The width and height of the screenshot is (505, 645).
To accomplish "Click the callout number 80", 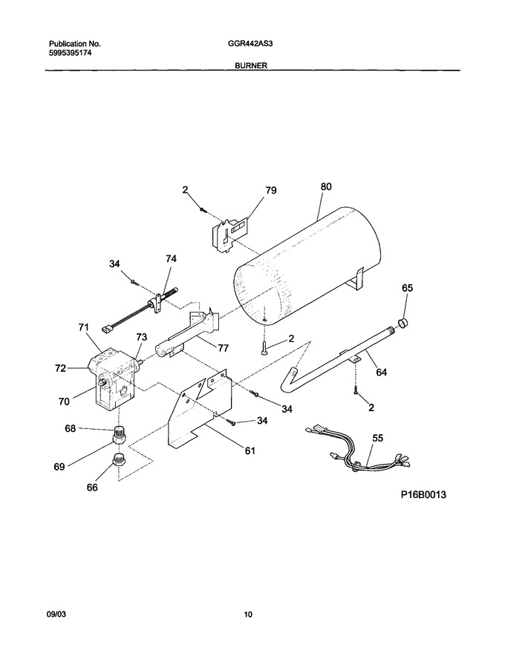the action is [x=325, y=186].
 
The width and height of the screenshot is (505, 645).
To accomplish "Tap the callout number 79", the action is [x=271, y=190].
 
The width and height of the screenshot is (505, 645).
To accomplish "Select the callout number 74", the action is [x=171, y=258].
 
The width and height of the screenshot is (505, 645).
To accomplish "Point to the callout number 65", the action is [x=407, y=288].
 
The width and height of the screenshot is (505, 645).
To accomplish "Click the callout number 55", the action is [x=377, y=438].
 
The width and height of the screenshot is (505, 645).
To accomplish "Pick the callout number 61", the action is [x=250, y=451].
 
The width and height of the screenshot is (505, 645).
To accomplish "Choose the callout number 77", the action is [x=223, y=348].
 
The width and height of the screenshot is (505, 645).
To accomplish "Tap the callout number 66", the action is [x=92, y=487].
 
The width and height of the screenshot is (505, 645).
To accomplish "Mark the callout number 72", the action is [x=60, y=368].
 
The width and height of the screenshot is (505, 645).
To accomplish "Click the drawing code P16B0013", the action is [x=423, y=494].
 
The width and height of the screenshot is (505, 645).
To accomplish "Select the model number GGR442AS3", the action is [x=245, y=43].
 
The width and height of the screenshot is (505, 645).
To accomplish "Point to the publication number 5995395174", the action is [x=70, y=53].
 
